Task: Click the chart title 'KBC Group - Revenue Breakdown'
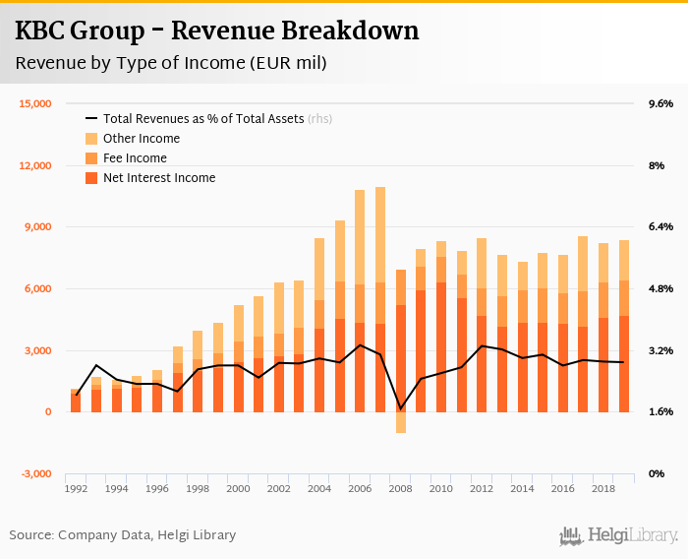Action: point(217,31)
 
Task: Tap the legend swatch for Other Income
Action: point(91,139)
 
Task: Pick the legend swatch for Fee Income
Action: point(91,158)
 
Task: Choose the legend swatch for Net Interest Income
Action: point(91,178)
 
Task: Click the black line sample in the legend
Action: point(91,119)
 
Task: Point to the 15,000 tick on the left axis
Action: point(35,103)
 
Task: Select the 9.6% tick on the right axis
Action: point(659,103)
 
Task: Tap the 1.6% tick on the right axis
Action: point(659,412)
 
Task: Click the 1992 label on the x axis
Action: point(76,488)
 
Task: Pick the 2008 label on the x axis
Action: point(401,488)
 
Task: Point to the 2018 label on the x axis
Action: point(603,488)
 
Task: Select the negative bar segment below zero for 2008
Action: point(401,422)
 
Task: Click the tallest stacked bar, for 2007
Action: point(380,295)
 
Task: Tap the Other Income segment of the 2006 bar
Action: point(360,237)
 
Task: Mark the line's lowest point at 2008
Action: point(401,408)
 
